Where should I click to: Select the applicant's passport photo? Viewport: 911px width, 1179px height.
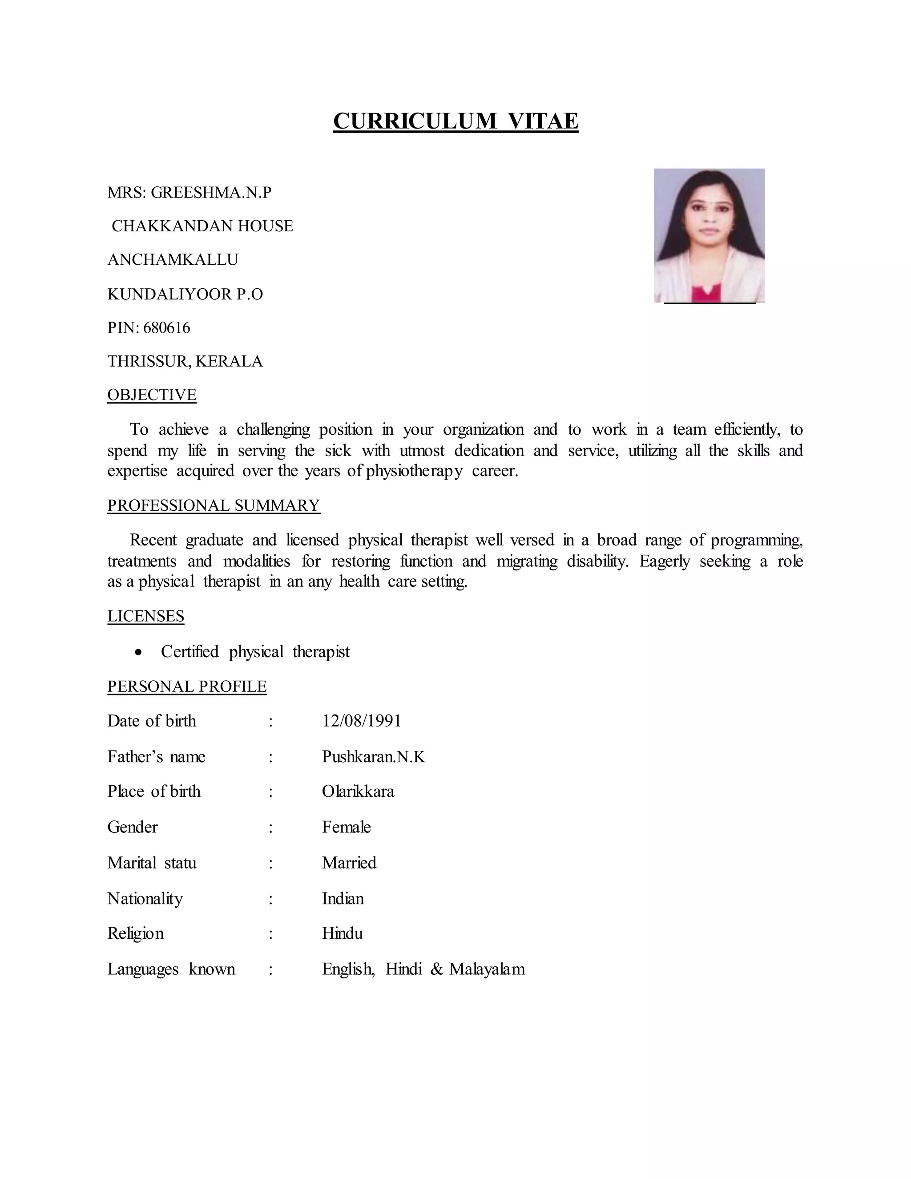(x=709, y=235)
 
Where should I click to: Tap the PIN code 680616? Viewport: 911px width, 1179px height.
(x=167, y=328)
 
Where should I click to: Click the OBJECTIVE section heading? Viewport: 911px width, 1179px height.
(x=152, y=395)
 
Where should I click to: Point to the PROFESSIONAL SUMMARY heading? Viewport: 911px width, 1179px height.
(x=214, y=505)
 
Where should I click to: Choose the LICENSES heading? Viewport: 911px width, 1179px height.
(x=146, y=616)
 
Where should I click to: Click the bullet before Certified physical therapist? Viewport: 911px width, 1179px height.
(x=139, y=653)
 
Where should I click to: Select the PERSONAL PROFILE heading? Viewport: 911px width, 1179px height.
(x=187, y=686)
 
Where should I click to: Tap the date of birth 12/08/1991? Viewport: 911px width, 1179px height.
(x=362, y=721)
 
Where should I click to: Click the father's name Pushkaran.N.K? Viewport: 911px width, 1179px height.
(x=374, y=757)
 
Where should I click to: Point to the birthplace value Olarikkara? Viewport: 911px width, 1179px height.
(x=358, y=791)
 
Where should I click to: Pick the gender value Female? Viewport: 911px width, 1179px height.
(x=346, y=827)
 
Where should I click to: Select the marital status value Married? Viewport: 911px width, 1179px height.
(x=349, y=863)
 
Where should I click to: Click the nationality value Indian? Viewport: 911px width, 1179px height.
(x=343, y=898)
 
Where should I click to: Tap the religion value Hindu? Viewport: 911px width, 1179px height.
(x=342, y=933)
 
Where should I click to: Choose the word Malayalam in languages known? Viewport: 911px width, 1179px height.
(x=487, y=969)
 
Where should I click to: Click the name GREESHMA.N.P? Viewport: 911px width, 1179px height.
(x=211, y=192)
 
